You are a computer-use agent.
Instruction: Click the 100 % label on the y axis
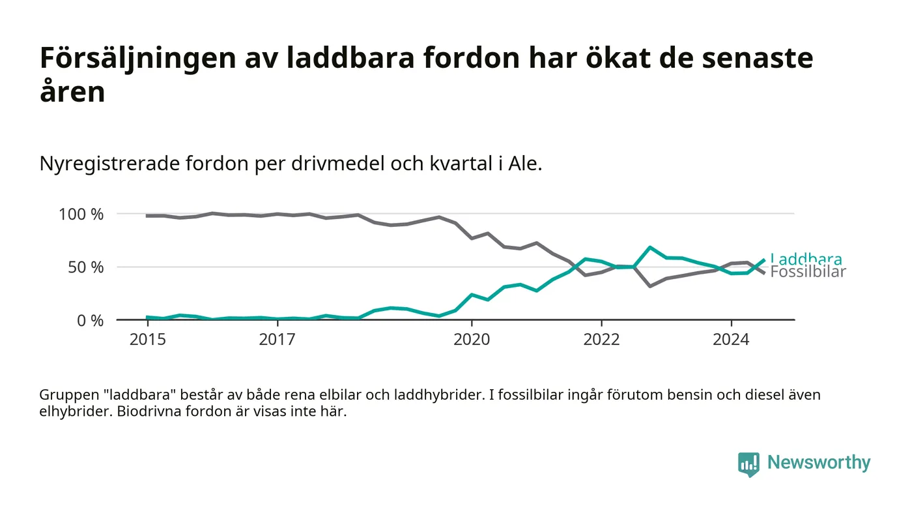click(x=81, y=214)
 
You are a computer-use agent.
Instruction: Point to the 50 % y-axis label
click(x=85, y=268)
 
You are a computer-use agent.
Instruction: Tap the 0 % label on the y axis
click(x=90, y=321)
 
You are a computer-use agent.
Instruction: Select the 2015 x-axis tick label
click(x=148, y=340)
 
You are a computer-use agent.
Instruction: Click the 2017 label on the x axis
click(x=278, y=340)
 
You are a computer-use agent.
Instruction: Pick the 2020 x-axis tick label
click(x=472, y=340)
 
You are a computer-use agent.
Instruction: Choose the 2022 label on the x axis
click(x=601, y=340)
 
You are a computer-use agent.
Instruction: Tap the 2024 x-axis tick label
click(x=731, y=340)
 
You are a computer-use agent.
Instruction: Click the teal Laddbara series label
click(x=806, y=259)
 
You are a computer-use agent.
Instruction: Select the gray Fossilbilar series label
click(x=808, y=272)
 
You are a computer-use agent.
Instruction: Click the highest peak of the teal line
click(x=650, y=247)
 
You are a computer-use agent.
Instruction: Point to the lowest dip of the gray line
click(x=650, y=286)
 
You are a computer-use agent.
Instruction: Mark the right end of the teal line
click(x=764, y=260)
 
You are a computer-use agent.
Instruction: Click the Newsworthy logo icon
click(x=748, y=464)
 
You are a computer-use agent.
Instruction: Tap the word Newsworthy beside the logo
click(x=819, y=462)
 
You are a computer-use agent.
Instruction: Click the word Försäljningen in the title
click(x=138, y=58)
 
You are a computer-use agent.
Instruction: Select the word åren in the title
click(x=72, y=92)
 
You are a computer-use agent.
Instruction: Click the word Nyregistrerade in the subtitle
click(x=109, y=164)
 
